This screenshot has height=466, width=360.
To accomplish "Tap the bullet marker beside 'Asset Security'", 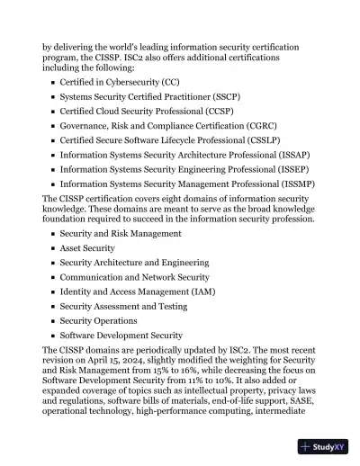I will (53, 248).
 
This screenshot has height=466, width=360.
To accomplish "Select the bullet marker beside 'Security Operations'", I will (53, 321).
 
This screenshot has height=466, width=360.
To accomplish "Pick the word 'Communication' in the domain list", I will (94, 277).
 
